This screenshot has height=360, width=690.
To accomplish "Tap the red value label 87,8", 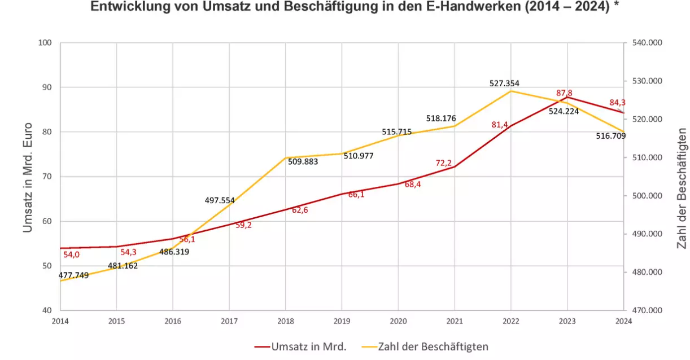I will [565, 93].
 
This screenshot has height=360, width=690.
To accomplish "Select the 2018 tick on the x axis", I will [285, 321].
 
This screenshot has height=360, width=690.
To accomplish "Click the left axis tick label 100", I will [45, 43].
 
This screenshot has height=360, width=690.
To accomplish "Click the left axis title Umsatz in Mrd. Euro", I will [28, 177].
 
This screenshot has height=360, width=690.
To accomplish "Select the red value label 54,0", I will [71, 254].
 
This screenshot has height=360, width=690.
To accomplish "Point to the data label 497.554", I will [224, 200].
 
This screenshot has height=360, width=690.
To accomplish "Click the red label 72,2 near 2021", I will [444, 163].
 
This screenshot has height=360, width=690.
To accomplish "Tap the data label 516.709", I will [611, 136].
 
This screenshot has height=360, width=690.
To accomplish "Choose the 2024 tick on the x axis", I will [623, 321].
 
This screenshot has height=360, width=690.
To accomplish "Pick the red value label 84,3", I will [618, 103].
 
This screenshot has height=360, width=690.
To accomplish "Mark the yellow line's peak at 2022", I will [511, 91].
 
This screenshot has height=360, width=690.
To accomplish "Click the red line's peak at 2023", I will [567, 97].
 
